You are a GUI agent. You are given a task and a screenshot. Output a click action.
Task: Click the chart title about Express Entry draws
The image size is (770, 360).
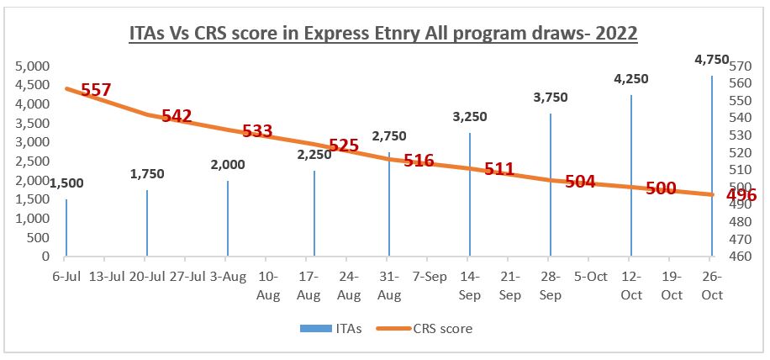(384, 34)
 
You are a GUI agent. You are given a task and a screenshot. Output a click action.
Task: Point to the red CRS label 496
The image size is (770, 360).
(741, 195)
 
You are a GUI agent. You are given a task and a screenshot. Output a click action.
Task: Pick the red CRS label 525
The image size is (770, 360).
(344, 146)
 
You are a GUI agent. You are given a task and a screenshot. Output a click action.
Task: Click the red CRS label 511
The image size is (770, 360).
(498, 169)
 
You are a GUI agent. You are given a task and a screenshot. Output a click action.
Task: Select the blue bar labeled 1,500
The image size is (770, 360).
(66, 227)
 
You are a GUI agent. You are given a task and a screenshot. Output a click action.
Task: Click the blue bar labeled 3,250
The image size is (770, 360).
(470, 194)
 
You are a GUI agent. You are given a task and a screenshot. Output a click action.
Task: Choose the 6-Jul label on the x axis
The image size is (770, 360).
(66, 276)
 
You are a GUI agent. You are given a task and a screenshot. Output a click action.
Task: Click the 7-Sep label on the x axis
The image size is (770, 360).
(430, 276)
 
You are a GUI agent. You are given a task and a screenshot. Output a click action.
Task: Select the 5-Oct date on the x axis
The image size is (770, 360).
(591, 276)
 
